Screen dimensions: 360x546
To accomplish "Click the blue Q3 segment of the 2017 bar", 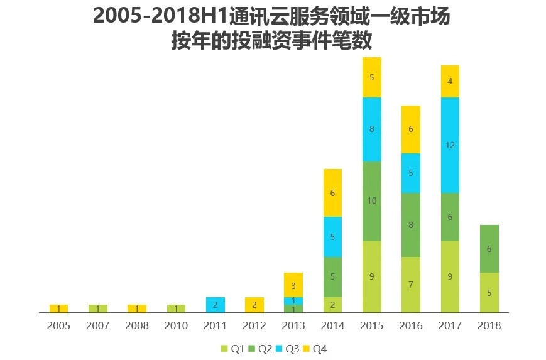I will click(x=450, y=145).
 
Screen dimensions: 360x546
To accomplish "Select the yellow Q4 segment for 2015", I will click(x=372, y=77).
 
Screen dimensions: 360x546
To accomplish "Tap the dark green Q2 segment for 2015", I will click(x=372, y=201).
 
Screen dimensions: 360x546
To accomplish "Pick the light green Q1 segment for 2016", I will click(x=411, y=285).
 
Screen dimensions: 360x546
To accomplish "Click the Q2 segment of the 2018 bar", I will click(x=489, y=249).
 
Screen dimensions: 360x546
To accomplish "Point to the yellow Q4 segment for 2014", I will click(x=333, y=193).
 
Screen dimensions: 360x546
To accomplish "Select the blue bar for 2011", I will click(x=216, y=305).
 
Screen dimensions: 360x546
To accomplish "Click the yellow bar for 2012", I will click(x=254, y=305).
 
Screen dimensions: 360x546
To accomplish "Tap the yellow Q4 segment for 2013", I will click(x=293, y=285).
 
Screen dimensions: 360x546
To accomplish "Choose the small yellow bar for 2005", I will click(x=58, y=308).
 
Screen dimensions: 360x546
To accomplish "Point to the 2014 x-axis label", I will click(x=333, y=325).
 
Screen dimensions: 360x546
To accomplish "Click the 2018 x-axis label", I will click(x=489, y=325).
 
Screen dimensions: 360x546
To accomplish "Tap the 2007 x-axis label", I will click(x=97, y=325).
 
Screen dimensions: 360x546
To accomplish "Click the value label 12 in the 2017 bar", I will click(x=450, y=145).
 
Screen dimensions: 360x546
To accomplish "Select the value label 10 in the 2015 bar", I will click(x=372, y=201).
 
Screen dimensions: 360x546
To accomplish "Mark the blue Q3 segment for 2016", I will click(x=411, y=173).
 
